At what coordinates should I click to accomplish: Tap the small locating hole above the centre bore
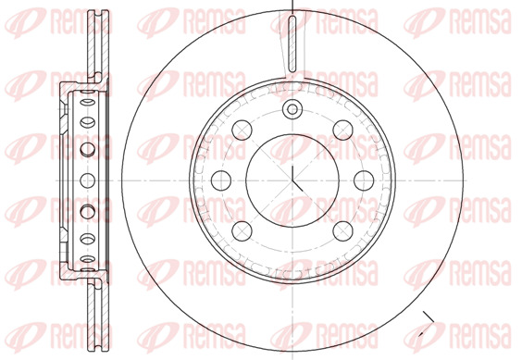[292, 109]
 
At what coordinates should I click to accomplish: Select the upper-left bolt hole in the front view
[242, 130]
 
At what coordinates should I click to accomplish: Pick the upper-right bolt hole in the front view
[342, 130]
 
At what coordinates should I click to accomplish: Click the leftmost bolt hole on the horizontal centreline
[221, 180]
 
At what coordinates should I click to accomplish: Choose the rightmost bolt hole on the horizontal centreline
[364, 180]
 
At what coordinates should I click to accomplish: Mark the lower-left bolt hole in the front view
[242, 231]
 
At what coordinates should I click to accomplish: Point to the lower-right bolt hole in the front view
[342, 231]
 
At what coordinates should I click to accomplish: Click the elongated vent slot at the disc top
[292, 43]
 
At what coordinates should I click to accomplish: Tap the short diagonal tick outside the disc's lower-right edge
[429, 317]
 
